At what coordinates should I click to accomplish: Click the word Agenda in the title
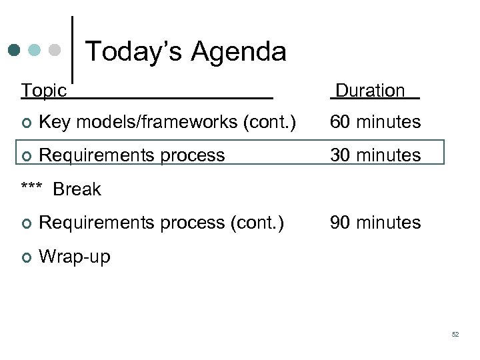click(x=239, y=51)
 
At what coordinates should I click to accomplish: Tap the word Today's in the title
click(x=134, y=51)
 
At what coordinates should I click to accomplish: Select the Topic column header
click(x=44, y=91)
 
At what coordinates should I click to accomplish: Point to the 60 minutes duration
click(x=375, y=122)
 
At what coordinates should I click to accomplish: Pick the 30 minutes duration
click(x=375, y=155)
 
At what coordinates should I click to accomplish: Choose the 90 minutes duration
click(x=375, y=222)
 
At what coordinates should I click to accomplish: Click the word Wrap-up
click(x=75, y=256)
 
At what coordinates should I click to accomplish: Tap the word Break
click(x=77, y=189)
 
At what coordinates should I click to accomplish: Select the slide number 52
click(x=455, y=334)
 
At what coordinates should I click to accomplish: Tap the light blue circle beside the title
click(x=35, y=50)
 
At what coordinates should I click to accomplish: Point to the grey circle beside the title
click(x=55, y=50)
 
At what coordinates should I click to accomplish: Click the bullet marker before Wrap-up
click(x=25, y=256)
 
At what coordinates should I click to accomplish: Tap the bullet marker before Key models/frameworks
click(x=25, y=123)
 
